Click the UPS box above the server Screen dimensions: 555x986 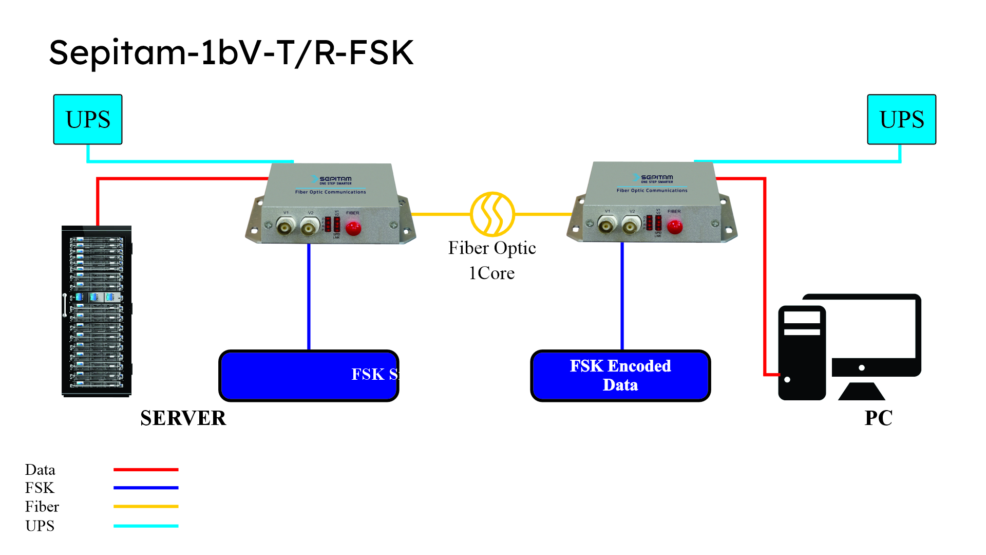coord(88,119)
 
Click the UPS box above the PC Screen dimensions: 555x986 coord(901,119)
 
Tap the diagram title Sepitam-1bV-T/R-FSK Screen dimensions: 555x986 coord(231,52)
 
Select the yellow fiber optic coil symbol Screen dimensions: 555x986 coord(492,214)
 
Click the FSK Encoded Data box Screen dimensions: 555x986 coord(620,376)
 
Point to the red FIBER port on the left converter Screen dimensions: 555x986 coord(353,228)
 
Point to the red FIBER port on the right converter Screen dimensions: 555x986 coord(675,226)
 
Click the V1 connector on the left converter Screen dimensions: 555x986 coord(285,226)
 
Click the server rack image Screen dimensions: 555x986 coord(97,311)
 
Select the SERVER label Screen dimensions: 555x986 coord(183,418)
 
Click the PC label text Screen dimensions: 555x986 coord(878,418)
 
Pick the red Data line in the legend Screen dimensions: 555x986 coord(146,470)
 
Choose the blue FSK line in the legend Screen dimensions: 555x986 coord(146,488)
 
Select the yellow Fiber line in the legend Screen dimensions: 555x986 coord(146,507)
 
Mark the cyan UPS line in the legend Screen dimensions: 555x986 coord(146,526)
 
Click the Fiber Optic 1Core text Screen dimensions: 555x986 coord(492,260)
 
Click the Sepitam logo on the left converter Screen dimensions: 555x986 coord(332,180)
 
